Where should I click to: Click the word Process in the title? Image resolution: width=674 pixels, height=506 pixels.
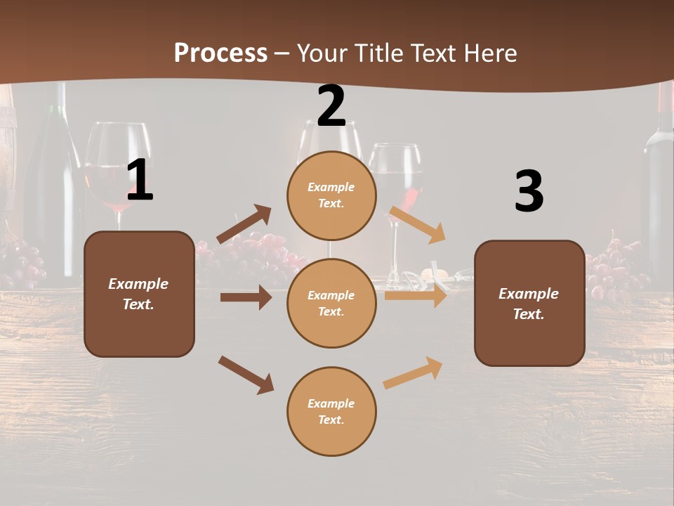click(x=220, y=53)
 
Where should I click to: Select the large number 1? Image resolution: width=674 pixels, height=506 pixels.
click(x=140, y=181)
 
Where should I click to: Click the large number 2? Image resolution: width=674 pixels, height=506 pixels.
click(x=331, y=106)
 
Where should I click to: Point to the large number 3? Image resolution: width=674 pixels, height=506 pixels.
click(x=529, y=191)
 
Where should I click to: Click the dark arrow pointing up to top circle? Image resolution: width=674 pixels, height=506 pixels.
click(x=244, y=224)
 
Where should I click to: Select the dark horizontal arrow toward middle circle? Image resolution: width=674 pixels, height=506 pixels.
click(x=246, y=297)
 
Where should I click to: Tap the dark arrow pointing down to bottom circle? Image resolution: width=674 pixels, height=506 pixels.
click(x=246, y=375)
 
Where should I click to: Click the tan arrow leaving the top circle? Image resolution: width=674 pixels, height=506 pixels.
click(x=417, y=224)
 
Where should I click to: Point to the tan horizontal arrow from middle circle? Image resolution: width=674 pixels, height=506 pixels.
click(x=416, y=295)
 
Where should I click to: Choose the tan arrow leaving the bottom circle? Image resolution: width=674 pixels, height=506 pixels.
click(x=413, y=373)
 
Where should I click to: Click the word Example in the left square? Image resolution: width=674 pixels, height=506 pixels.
click(x=138, y=284)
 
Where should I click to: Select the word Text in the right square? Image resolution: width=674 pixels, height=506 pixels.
click(x=529, y=314)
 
